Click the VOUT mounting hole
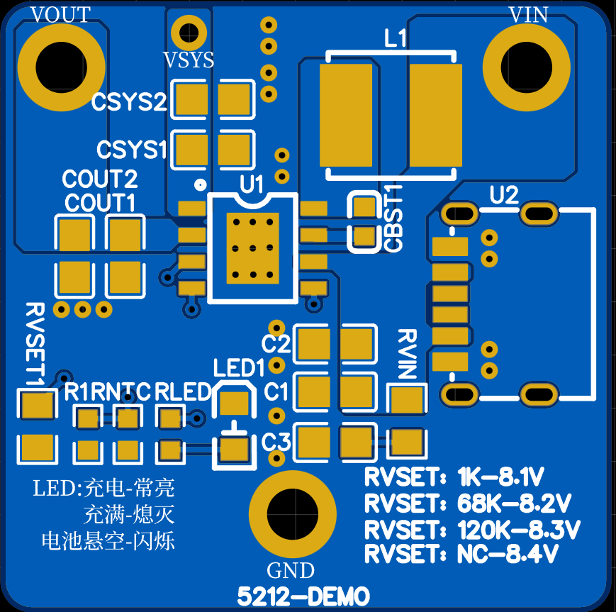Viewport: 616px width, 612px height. click(x=61, y=67)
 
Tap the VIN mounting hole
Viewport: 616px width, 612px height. click(x=527, y=67)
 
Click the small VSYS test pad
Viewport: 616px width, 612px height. click(x=189, y=32)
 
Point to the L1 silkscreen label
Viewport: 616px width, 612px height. click(x=396, y=38)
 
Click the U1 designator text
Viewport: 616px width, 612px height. click(x=252, y=184)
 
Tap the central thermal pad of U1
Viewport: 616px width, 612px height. click(x=253, y=248)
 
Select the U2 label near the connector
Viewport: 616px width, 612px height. click(x=504, y=194)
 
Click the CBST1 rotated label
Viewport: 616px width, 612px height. click(x=393, y=218)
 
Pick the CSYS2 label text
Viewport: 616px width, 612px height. click(x=129, y=101)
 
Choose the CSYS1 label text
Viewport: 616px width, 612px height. click(x=132, y=150)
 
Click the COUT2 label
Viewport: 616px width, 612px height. click(x=100, y=179)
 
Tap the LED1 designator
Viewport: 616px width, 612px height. click(x=239, y=368)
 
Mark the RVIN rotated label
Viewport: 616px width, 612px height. click(x=408, y=354)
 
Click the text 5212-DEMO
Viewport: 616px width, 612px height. click(x=303, y=596)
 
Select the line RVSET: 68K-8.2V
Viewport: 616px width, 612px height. click(x=468, y=503)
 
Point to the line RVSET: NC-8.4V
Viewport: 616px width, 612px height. click(x=461, y=555)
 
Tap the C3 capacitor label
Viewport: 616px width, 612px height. click(x=276, y=441)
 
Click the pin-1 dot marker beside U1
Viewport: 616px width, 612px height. click(x=201, y=184)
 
